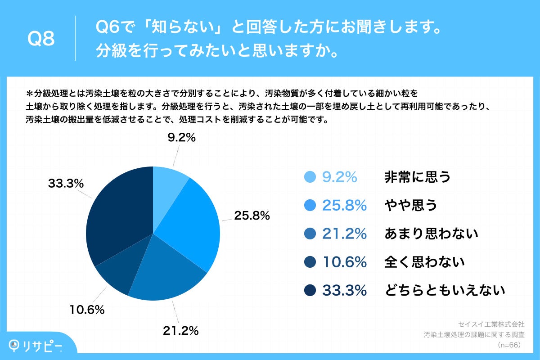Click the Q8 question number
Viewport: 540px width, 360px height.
click(41, 39)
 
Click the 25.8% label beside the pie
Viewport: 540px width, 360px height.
click(252, 216)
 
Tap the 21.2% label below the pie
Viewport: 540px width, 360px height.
click(180, 331)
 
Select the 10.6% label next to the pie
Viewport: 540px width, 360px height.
click(87, 310)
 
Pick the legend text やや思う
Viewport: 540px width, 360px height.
click(410, 206)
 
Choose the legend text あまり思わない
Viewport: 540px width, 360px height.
click(431, 234)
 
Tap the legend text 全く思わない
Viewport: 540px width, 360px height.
click(424, 262)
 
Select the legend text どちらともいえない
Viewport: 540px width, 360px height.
click(445, 290)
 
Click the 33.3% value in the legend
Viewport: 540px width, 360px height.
click(344, 290)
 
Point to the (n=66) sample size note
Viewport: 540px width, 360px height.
click(509, 345)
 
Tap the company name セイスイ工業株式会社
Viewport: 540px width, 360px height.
click(491, 324)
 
